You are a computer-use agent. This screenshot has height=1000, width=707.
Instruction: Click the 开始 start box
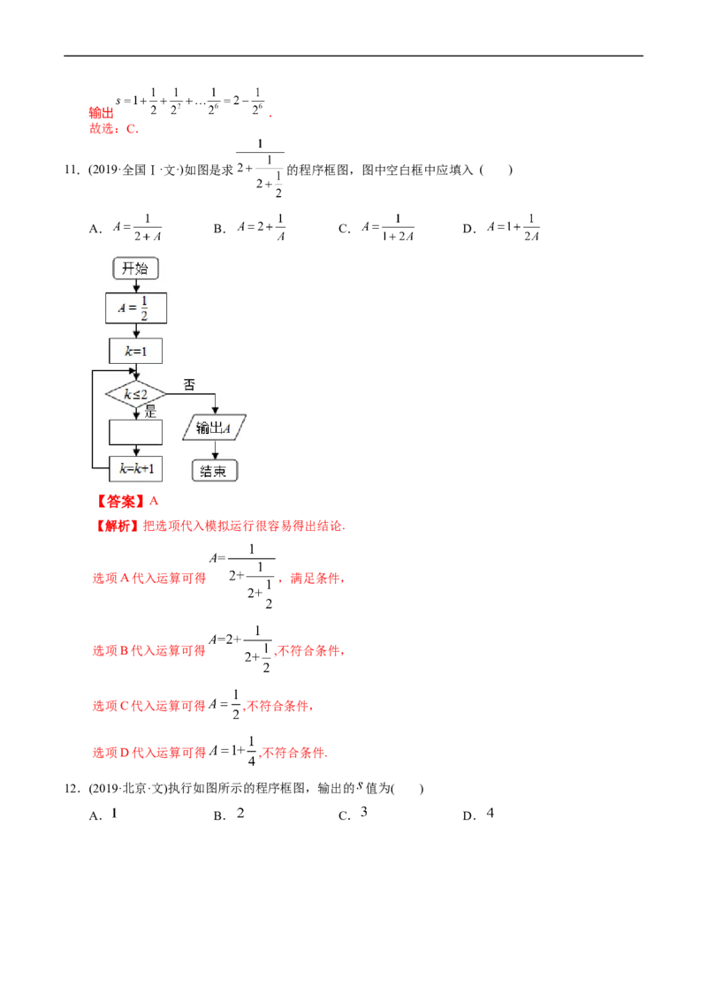pos(135,269)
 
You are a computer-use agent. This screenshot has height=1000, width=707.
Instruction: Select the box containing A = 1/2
pos(136,308)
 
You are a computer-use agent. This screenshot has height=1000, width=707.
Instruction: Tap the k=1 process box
pos(136,351)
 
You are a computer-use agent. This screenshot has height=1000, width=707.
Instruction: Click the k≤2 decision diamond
pos(135,394)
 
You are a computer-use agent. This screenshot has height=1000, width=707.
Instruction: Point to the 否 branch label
pos(189,384)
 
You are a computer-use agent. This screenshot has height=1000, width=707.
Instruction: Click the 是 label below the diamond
pos(150,410)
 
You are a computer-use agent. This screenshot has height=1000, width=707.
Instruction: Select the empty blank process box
pos(135,432)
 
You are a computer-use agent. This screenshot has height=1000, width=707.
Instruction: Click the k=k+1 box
pos(135,468)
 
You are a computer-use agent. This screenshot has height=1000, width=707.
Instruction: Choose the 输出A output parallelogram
pos(214,428)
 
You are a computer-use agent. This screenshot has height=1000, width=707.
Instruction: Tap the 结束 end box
pos(214,470)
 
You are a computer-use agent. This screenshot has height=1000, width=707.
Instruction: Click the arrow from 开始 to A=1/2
pos(136,285)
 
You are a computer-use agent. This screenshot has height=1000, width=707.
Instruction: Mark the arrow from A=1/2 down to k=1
pos(136,330)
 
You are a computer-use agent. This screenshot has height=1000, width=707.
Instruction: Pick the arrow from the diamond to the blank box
pos(135,413)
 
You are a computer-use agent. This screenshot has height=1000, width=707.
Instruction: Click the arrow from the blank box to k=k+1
pos(135,450)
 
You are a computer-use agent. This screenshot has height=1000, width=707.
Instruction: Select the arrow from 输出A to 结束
pos(214,450)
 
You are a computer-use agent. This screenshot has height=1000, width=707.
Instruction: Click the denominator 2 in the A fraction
pos(144,315)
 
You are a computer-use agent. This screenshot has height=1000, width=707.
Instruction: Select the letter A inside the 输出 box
pos(227,428)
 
